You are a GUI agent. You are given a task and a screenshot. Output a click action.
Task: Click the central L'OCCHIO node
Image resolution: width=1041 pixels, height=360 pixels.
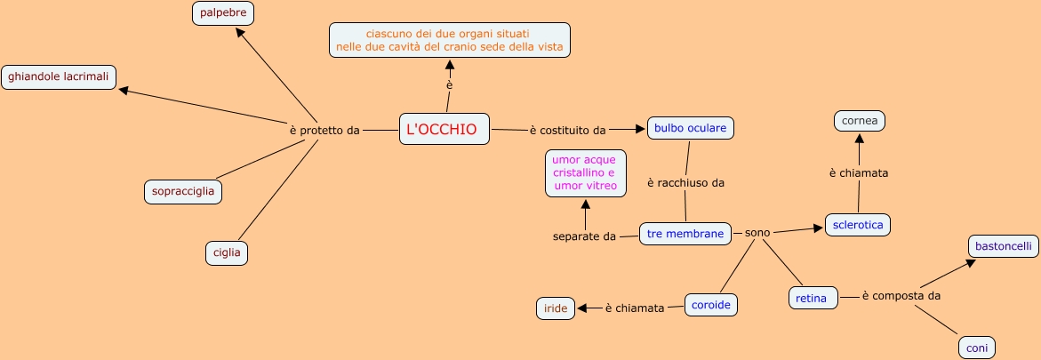coord(444,129)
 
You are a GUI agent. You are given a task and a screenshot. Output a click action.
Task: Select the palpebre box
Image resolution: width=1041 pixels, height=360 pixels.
coord(224,13)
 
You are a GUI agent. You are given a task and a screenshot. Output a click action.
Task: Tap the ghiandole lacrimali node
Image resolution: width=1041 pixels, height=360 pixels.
coord(59,77)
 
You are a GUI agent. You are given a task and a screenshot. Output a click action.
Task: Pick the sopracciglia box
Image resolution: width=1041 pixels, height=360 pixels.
coord(184,191)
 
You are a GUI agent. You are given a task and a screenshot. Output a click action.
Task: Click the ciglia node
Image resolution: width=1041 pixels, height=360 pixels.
coord(227,252)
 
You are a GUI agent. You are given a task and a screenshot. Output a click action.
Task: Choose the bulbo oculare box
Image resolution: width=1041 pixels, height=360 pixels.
coord(690,128)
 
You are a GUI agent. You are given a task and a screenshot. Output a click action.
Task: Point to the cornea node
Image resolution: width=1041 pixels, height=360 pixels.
coord(860,120)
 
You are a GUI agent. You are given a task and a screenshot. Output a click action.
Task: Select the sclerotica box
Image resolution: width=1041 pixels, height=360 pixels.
coord(858,225)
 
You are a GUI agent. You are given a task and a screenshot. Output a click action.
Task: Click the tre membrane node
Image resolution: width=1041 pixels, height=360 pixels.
coord(685,234)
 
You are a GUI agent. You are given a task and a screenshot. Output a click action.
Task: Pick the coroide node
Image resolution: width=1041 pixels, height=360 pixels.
coord(711,305)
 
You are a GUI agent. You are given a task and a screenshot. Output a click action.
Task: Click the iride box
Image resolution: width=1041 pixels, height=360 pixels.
coord(555,308)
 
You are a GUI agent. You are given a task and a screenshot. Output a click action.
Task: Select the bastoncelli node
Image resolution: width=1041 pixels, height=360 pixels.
coord(1003,245)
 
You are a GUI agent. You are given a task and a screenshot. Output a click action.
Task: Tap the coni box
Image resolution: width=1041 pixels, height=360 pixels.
coord(976,348)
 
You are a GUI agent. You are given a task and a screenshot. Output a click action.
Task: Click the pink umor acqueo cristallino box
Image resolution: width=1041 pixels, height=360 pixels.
coord(584,172)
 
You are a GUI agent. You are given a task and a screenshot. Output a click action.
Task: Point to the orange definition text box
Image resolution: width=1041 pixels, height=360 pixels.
coord(449,40)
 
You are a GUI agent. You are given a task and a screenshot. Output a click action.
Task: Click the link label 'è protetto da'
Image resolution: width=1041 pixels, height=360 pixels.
coord(324,130)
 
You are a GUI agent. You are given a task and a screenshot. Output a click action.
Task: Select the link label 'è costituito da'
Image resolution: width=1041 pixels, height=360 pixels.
coord(567,130)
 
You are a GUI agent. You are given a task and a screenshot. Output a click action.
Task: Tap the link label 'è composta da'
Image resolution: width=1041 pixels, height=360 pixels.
coord(901,295)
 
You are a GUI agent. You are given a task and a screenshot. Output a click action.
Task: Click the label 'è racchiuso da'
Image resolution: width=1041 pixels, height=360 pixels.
coord(685,182)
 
